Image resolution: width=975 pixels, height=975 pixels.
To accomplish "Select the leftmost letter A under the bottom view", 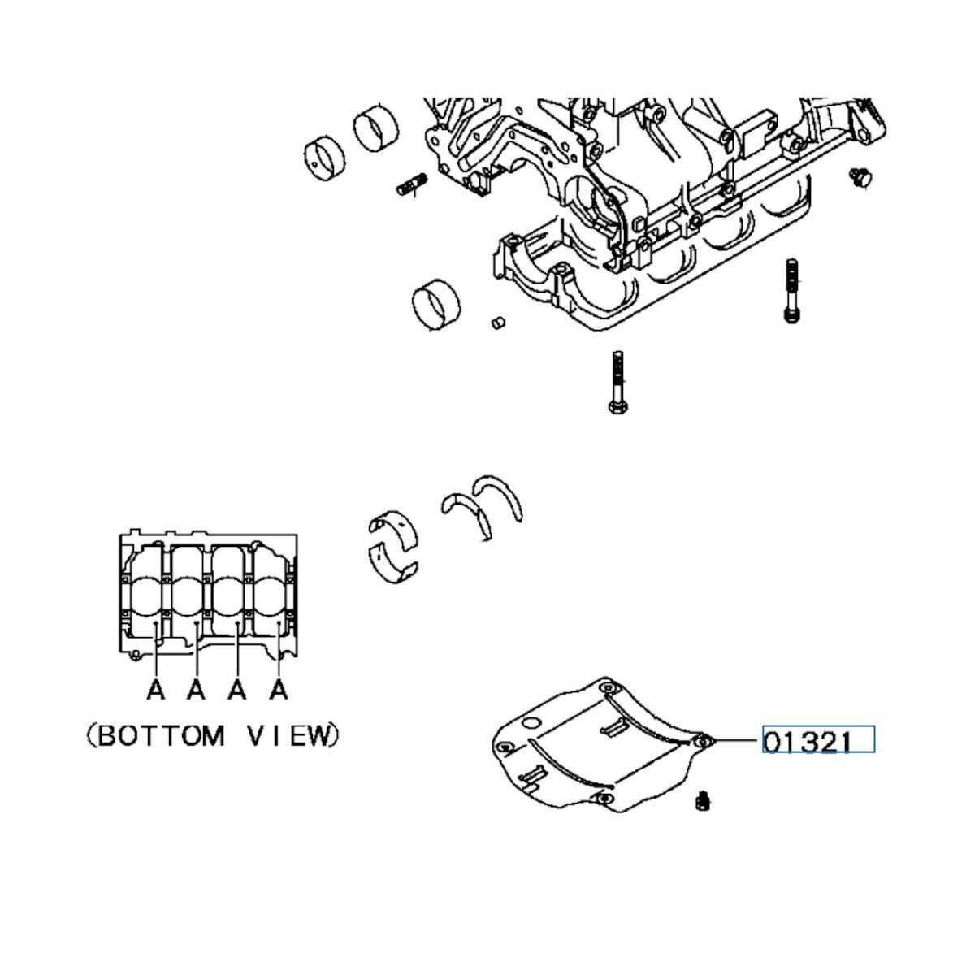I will tap(156, 691).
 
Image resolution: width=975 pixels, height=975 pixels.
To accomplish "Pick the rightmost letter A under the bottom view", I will tap(279, 691).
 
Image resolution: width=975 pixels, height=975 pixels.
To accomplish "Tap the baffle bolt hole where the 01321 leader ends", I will tap(704, 741).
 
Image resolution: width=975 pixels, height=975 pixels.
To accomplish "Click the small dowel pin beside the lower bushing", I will tap(498, 323).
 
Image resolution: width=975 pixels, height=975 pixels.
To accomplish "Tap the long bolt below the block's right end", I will tap(791, 290).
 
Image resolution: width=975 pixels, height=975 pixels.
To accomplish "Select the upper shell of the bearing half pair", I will tap(392, 522).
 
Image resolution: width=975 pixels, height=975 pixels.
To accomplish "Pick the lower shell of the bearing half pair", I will tap(393, 563).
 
